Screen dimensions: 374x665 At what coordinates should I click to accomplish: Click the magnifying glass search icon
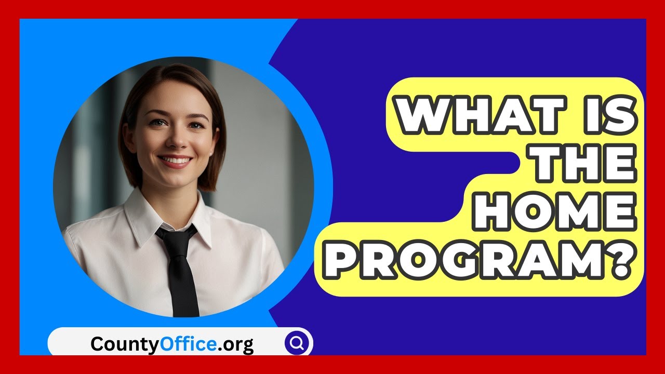[297, 343]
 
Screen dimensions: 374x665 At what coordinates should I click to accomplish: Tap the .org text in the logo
[235, 344]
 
